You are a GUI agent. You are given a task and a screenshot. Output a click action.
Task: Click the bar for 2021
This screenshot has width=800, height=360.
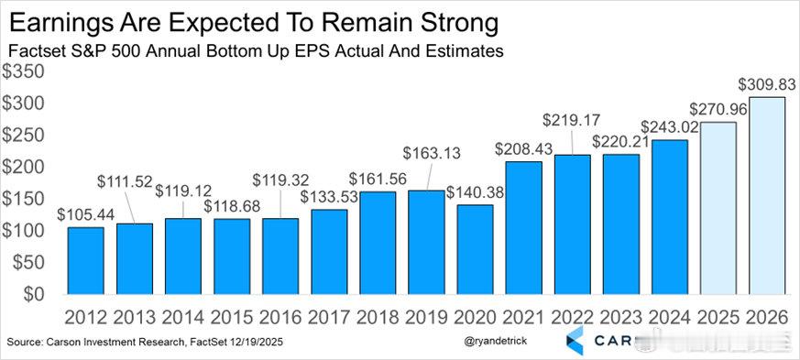[523, 228]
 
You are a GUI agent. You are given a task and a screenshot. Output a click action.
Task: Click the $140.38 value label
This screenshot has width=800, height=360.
[475, 192]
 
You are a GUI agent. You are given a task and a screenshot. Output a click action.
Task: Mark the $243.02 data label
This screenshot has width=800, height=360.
[668, 127]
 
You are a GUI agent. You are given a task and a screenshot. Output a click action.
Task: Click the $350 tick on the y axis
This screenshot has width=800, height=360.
[25, 71]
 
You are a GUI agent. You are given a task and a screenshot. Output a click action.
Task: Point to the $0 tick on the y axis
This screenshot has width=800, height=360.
[35, 294]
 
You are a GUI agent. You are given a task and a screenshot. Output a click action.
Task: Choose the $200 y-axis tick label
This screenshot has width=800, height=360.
[25, 167]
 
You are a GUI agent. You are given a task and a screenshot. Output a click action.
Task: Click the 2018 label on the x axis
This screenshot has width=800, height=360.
[378, 317]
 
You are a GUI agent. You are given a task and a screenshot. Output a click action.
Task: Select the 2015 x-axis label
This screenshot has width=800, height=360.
[233, 317]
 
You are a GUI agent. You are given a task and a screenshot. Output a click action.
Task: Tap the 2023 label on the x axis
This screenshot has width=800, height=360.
[620, 317]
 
